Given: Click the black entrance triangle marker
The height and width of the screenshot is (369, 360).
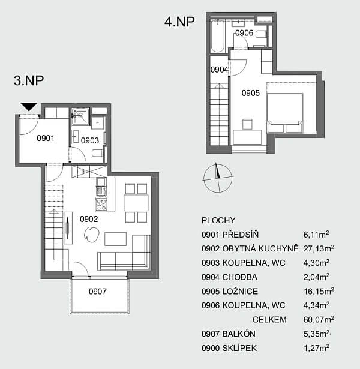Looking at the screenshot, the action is coord(29,106).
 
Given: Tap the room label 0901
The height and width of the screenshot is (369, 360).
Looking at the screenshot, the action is coord(46,138).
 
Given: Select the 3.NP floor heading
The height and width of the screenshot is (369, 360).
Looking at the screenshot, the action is coord(29,80).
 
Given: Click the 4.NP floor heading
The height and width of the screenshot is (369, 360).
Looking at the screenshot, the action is coord(179,22).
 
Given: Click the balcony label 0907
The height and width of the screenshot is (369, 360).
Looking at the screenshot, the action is coord(97,292).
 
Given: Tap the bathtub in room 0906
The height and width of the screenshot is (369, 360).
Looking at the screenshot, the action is coord(217,36).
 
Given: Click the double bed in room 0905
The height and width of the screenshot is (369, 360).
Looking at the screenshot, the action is coord(285,113).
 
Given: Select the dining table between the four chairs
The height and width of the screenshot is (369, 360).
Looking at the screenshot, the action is coord(136,203).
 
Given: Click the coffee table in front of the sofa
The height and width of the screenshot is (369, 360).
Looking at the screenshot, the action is coord(116,239).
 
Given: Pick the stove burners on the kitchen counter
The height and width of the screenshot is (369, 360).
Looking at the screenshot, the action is coord(101,204).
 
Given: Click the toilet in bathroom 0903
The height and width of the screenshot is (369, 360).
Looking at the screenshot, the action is coord(97,154).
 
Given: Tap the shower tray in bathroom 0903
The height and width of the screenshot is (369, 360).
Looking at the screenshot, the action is coord(80,116).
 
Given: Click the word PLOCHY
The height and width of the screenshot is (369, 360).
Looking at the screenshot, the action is coord(218,220).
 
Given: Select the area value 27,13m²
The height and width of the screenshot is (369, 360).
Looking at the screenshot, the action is coord(319,248).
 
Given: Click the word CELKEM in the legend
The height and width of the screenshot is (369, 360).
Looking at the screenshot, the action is coord(269,320).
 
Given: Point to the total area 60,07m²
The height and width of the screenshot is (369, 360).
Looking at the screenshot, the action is coord(319,319).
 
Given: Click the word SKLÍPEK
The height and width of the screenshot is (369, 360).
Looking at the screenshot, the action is coord(239,348).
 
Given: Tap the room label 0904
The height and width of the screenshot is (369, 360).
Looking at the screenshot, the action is coord(219,70).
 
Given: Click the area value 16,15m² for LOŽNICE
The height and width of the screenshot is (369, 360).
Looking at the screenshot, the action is coord(319,291).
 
